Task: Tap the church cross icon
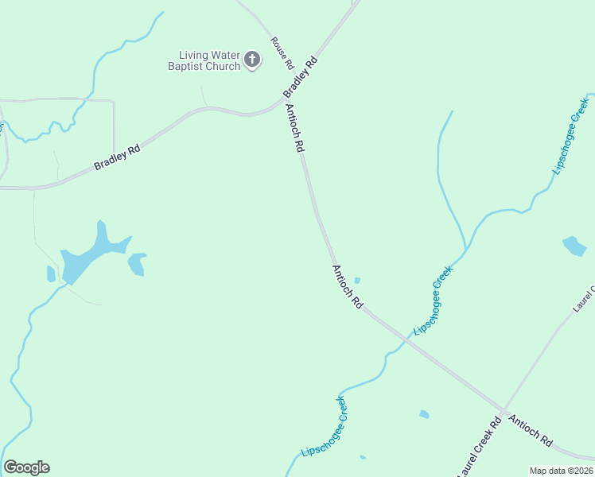pos(252,58)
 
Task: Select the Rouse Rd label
pos(282,52)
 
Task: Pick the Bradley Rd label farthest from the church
pos(117,157)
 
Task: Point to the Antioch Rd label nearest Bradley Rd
pos(294,128)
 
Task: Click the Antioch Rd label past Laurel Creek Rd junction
pos(531,429)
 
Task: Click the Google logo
pos(26,467)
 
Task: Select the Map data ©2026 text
pos(561,471)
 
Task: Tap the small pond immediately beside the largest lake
pos(137,263)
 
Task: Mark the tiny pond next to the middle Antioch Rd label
pos(357,280)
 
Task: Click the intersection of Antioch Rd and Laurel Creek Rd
pos(503,410)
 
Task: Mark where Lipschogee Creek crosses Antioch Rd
pos(407,339)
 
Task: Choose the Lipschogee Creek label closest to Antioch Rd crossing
pos(433,301)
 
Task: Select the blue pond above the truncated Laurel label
pos(574,246)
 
